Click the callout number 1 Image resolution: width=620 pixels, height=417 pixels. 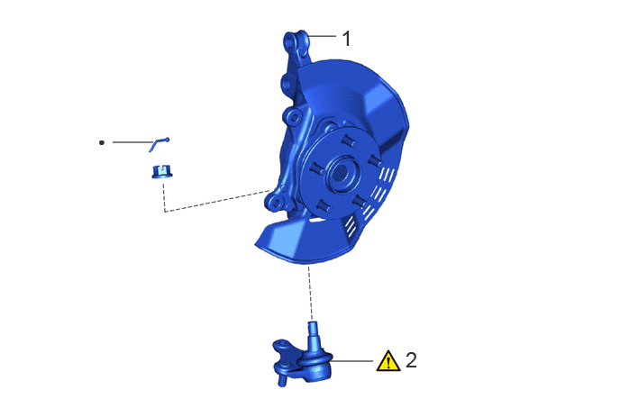click(x=346, y=39)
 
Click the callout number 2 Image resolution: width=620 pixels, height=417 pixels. click(x=411, y=360)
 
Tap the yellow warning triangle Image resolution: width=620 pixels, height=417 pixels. click(x=387, y=361)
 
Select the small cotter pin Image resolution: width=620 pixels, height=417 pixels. click(x=159, y=144)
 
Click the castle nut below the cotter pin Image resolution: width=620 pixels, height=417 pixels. click(x=162, y=172)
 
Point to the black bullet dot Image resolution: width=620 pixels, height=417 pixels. click(x=102, y=142)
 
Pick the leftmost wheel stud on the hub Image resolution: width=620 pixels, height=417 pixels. click(x=316, y=168)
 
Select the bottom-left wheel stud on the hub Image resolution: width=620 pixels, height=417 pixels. click(x=324, y=206)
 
